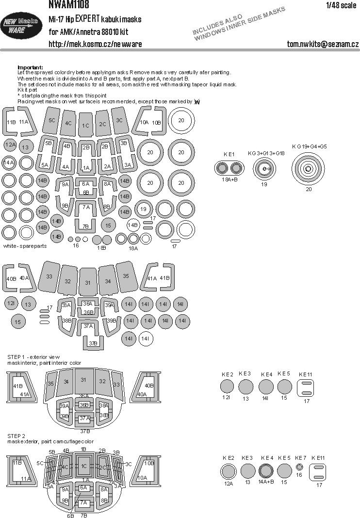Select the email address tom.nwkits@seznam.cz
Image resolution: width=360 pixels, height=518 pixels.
tap(323, 44)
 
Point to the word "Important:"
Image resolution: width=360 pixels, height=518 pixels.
tap(30, 67)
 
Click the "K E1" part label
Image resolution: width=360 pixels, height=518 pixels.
tap(229, 154)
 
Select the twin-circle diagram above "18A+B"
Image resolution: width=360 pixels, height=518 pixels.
tap(229, 168)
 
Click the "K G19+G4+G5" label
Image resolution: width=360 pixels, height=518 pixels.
tap(309, 146)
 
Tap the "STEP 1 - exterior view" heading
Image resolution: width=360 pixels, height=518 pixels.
tap(33, 357)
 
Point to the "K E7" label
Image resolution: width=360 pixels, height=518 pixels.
tap(301, 457)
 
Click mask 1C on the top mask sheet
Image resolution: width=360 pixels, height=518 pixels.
tap(85, 125)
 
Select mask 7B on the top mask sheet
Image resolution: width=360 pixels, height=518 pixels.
tap(85, 226)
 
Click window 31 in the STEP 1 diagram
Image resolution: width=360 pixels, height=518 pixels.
tap(83, 379)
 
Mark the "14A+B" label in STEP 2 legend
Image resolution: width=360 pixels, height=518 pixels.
tap(266, 482)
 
